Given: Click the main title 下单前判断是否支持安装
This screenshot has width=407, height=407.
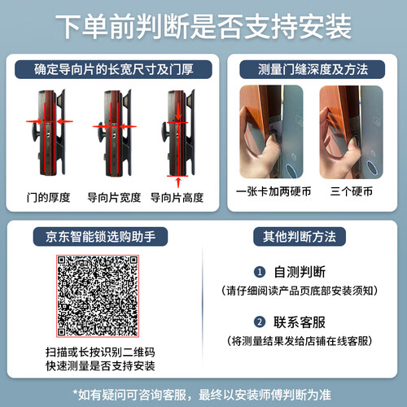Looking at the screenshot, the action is (x=203, y=27).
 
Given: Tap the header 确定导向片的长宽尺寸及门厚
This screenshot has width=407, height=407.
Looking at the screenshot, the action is (x=113, y=69).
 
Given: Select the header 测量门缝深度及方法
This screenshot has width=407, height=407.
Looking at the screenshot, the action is (x=313, y=69).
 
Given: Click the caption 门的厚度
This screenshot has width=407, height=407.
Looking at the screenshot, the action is (x=48, y=197).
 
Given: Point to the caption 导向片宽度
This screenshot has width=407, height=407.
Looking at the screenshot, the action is (x=114, y=197).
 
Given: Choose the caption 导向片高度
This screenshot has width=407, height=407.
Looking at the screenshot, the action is (x=177, y=197).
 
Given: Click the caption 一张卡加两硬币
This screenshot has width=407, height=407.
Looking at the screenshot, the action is (x=274, y=191).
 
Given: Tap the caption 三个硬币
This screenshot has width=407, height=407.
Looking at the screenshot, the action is (x=352, y=191).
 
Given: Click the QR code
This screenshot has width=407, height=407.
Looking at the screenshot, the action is (x=98, y=296).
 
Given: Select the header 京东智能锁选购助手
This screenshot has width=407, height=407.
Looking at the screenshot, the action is (x=100, y=237).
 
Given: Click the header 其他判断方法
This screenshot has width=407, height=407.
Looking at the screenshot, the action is (x=300, y=237).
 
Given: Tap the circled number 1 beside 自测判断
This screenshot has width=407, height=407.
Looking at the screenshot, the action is (x=260, y=272).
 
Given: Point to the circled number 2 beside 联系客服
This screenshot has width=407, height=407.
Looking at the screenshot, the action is (x=260, y=322).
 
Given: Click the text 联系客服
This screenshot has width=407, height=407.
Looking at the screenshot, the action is (x=300, y=322).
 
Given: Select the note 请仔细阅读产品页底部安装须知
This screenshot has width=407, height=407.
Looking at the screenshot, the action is (x=300, y=291).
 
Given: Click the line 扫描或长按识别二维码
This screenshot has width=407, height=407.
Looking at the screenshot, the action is (x=100, y=352).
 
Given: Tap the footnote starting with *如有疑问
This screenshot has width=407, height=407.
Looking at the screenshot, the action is (x=202, y=395).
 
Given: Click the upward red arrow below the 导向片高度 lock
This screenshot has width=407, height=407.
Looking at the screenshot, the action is (x=178, y=182).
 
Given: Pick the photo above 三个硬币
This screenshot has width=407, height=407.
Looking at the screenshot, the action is (x=352, y=132).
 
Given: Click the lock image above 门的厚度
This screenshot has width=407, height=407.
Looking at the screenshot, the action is (x=50, y=133).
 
